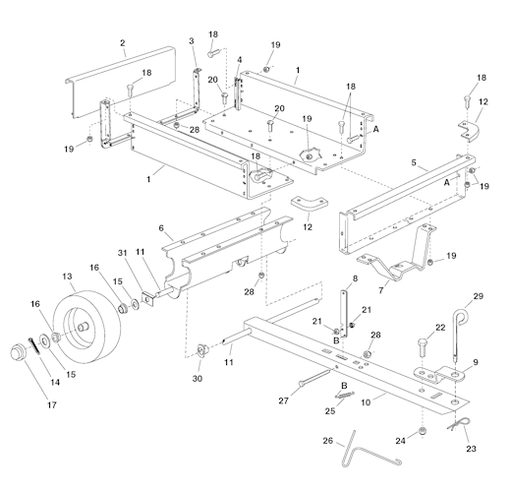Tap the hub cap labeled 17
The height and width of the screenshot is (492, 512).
(x=18, y=351)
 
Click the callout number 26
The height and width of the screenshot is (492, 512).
(x=328, y=441)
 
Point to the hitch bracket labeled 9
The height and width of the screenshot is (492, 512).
(x=439, y=375)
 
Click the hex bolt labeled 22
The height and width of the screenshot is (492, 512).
(x=422, y=348)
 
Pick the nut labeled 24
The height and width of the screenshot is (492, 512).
(x=423, y=431)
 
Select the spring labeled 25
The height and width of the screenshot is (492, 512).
(x=345, y=395)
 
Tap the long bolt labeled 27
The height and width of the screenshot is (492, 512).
(x=313, y=377)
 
